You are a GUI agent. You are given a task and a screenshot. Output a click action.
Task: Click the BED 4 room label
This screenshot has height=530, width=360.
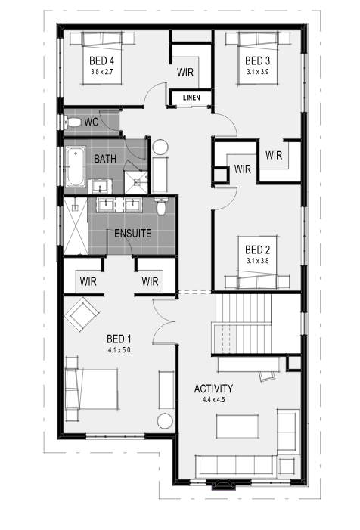click(x=102, y=60)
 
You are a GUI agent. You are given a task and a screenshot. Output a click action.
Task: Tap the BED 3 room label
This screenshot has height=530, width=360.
click(x=257, y=60)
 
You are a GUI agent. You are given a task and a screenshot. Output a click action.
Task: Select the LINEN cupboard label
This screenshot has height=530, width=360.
click(x=191, y=98)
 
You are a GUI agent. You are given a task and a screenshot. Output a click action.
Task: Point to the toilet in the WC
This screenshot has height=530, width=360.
click(x=74, y=122)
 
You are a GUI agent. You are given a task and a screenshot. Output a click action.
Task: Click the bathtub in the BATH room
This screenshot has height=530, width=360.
click(x=76, y=166)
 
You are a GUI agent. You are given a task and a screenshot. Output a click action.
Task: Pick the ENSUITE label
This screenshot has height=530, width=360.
click(x=132, y=233)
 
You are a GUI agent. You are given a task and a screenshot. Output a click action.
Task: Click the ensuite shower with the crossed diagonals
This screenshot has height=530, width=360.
click(x=76, y=226)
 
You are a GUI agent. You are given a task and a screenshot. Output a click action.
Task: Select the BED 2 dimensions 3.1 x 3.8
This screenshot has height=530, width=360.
click(x=258, y=261)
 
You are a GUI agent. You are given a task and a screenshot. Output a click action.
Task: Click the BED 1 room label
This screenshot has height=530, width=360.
click(x=119, y=339)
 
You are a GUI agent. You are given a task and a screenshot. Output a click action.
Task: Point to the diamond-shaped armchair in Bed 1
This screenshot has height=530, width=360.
click(x=82, y=315)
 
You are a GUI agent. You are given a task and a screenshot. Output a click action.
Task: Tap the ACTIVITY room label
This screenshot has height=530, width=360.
click(x=213, y=389)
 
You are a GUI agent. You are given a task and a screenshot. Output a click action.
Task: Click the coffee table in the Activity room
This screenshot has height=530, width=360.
click(x=237, y=426)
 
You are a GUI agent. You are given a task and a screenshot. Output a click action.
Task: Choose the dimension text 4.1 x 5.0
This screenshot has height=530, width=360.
click(x=119, y=350)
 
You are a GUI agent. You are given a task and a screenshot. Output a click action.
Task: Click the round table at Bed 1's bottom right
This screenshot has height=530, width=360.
click(x=166, y=421)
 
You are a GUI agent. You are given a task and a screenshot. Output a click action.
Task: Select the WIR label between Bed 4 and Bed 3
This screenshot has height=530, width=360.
click(x=185, y=72)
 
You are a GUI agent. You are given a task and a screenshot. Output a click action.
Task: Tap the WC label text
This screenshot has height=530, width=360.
click(x=91, y=122)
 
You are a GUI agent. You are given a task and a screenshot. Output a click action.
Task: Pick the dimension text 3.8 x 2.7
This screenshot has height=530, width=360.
click(x=102, y=72)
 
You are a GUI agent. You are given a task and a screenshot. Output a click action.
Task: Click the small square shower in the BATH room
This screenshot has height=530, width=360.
click(x=136, y=182)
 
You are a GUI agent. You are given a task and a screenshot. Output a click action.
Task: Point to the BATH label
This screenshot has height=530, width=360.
click(x=105, y=159)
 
